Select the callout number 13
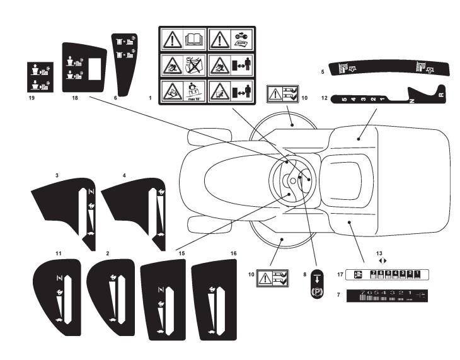tap(380, 253)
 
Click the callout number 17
tap(340, 274)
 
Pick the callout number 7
tap(340, 295)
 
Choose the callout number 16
tap(233, 253)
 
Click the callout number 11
tap(58, 253)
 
